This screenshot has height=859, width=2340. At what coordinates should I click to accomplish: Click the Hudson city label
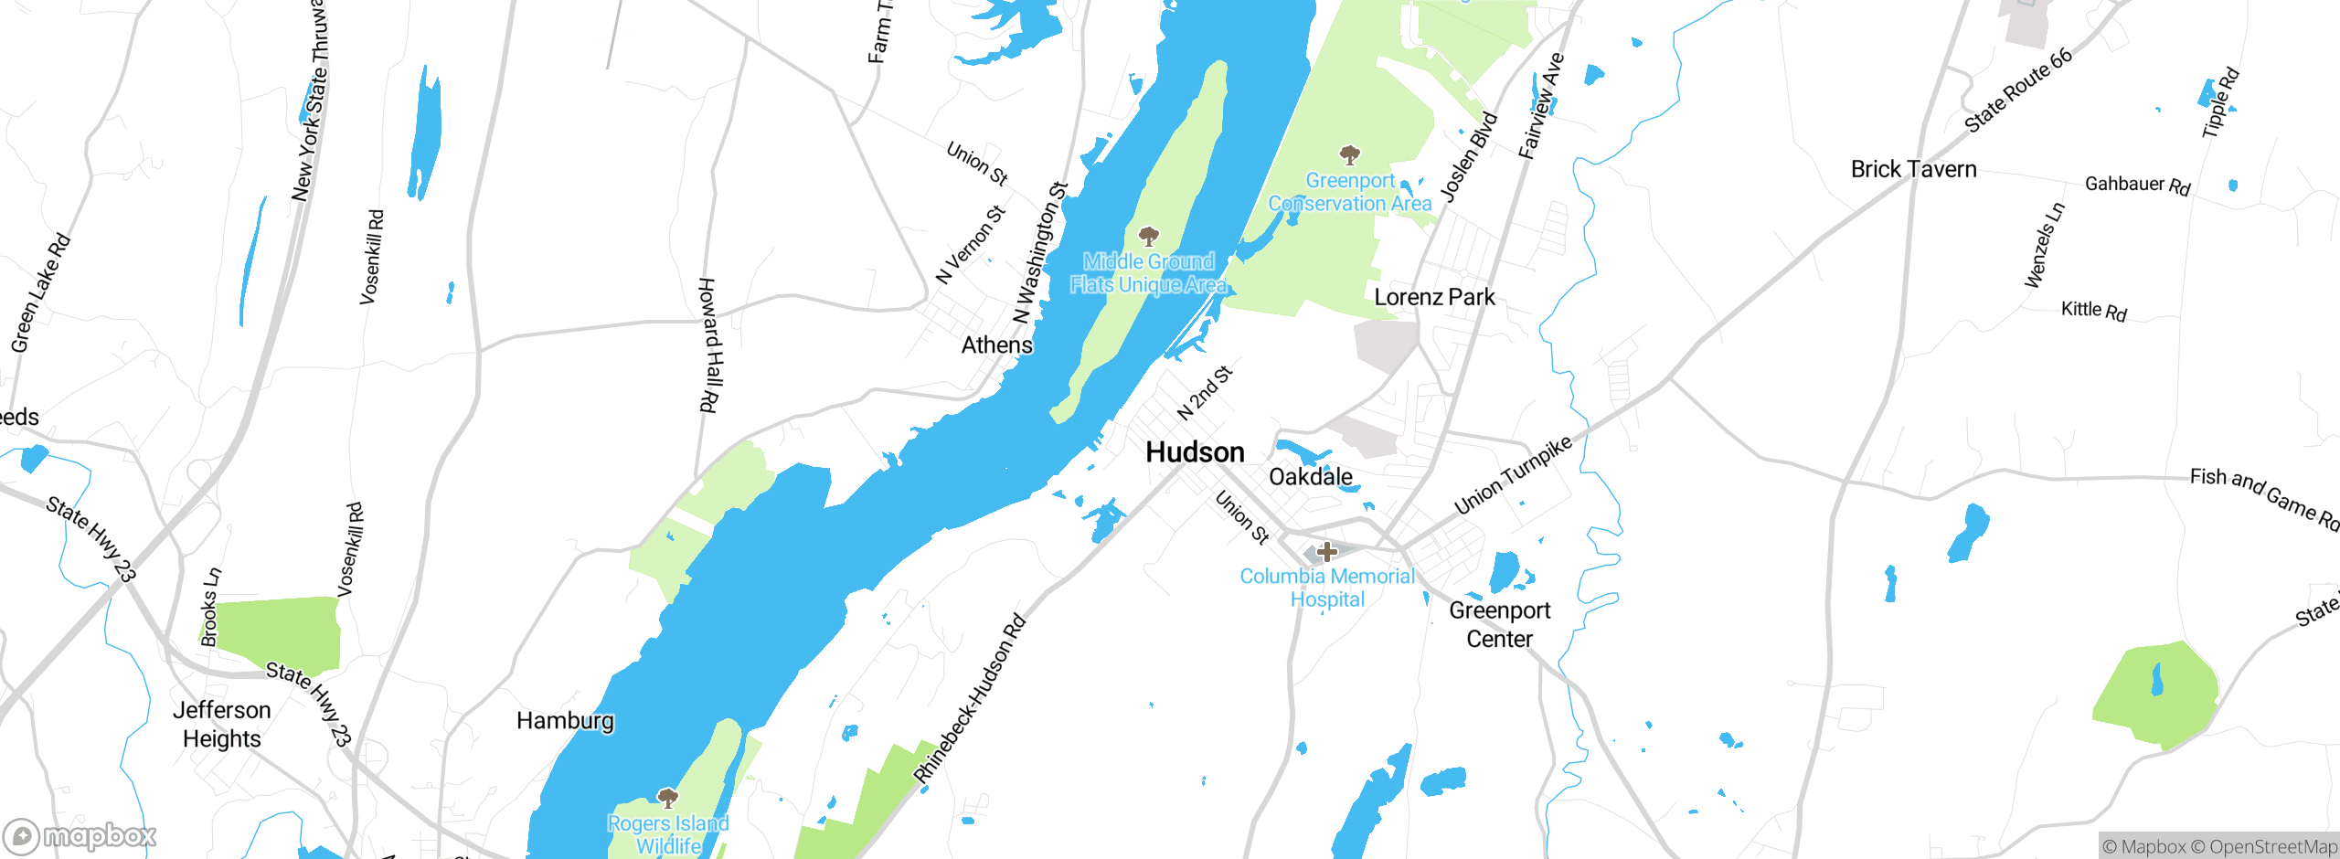(1195, 452)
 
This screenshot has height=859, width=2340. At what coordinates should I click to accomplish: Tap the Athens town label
(996, 345)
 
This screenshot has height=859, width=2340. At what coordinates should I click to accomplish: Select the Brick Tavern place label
(1913, 170)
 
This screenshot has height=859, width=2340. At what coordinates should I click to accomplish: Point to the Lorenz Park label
(1434, 298)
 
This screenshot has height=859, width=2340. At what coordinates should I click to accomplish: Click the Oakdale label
(1310, 477)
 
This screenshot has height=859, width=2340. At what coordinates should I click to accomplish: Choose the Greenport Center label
(1499, 625)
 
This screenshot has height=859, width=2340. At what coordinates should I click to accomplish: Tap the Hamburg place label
(565, 721)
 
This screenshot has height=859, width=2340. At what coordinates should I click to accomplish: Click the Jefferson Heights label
(222, 725)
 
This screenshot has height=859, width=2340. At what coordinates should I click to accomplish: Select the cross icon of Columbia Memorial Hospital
(1327, 551)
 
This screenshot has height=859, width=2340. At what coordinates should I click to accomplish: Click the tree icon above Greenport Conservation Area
(1349, 154)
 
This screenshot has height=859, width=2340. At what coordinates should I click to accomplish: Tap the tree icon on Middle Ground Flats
(1149, 237)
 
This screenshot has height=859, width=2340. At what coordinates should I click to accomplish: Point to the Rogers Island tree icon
(668, 798)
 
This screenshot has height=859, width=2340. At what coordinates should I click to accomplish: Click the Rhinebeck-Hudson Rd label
(971, 699)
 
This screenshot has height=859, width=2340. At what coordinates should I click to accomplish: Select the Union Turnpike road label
(1513, 475)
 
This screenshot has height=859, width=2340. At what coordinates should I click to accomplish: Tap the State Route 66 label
(2018, 90)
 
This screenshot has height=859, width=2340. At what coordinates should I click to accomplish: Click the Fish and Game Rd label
(2264, 499)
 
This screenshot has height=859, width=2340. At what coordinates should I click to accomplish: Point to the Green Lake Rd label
(40, 293)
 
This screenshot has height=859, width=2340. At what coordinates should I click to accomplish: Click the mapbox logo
(80, 836)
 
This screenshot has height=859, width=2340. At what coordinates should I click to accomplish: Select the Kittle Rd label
(2093, 311)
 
